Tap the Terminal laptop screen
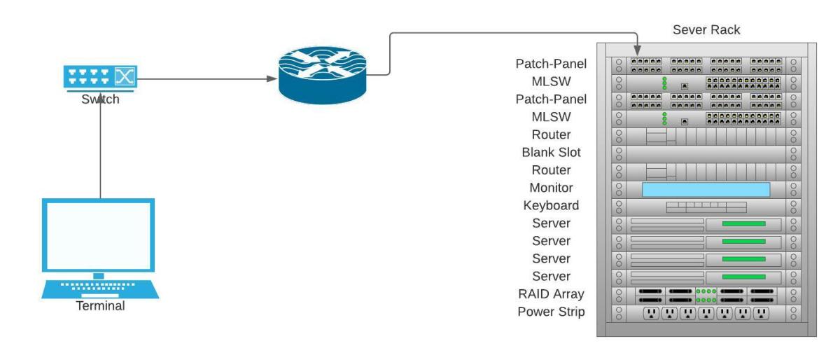point(99,235)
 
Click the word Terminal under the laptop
point(101,305)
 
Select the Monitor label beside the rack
point(552,188)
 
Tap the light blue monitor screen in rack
point(706,189)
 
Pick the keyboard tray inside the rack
point(706,207)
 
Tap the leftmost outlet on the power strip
point(650,313)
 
